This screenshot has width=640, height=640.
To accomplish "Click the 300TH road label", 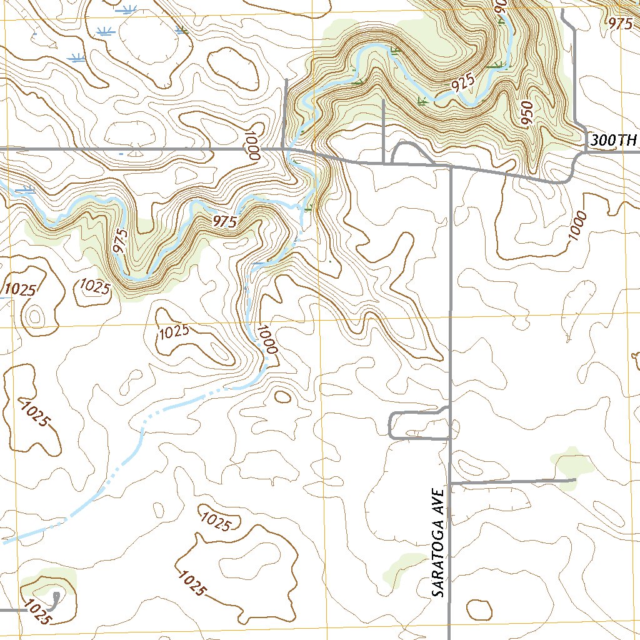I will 612,141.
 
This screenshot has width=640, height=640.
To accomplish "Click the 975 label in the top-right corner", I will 620,24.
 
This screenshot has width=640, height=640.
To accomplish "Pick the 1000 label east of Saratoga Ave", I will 578,227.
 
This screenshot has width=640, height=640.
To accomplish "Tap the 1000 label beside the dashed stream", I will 266,339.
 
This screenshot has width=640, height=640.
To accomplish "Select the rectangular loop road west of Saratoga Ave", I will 419,425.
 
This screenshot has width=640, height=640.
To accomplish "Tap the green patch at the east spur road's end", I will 572,464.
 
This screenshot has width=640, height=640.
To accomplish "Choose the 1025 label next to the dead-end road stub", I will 37,611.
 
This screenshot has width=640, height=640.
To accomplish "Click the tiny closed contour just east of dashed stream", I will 282,396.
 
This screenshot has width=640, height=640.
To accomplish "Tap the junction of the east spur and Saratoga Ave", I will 451,483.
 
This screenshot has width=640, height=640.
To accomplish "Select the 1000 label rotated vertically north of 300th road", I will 252,146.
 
